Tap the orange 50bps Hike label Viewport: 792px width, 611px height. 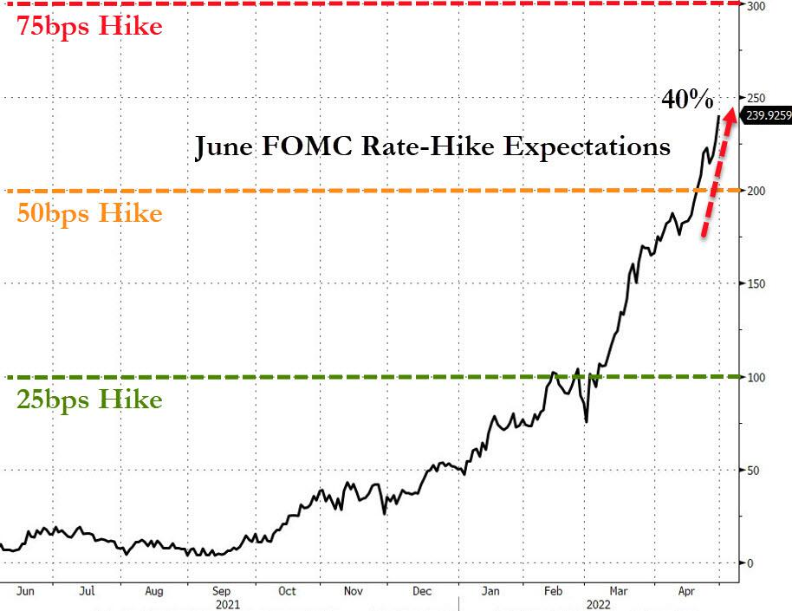pos(89,213)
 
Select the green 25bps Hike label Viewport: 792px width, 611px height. pos(88,400)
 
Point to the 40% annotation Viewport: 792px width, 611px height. pos(687,101)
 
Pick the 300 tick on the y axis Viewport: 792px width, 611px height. pos(756,6)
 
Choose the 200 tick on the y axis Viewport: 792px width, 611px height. pos(756,190)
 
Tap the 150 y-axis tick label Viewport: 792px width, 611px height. pos(756,283)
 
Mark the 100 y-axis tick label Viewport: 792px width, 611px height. pos(756,377)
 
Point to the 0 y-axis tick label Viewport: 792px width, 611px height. pos(750,563)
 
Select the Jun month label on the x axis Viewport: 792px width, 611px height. pos(26,591)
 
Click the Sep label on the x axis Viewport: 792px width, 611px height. pos(220,591)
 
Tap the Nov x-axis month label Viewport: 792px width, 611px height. pos(354,591)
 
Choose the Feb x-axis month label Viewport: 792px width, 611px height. pos(552,591)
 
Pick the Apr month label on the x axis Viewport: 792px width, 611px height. pos(684,591)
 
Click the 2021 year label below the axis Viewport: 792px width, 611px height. pos(229,604)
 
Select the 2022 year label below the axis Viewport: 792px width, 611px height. pos(597,604)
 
